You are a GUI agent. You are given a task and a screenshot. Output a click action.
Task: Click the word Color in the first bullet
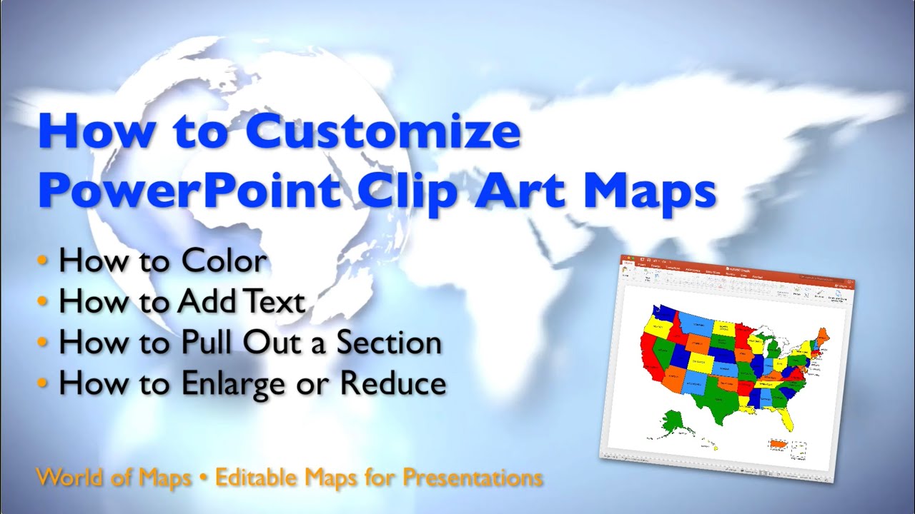point(224,261)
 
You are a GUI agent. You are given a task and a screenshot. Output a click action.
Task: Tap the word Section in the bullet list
point(389,343)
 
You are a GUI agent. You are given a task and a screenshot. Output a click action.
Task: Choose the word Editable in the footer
point(259,476)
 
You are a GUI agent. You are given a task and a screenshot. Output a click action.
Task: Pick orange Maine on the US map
point(823,335)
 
